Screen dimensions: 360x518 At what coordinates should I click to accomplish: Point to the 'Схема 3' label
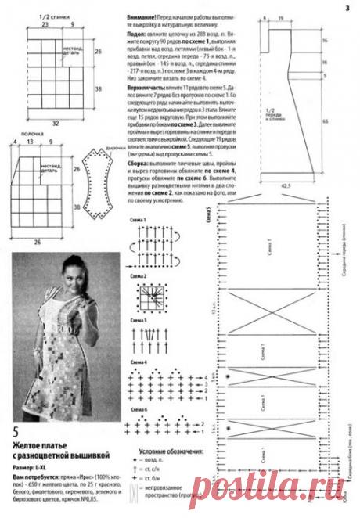[139, 322]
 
